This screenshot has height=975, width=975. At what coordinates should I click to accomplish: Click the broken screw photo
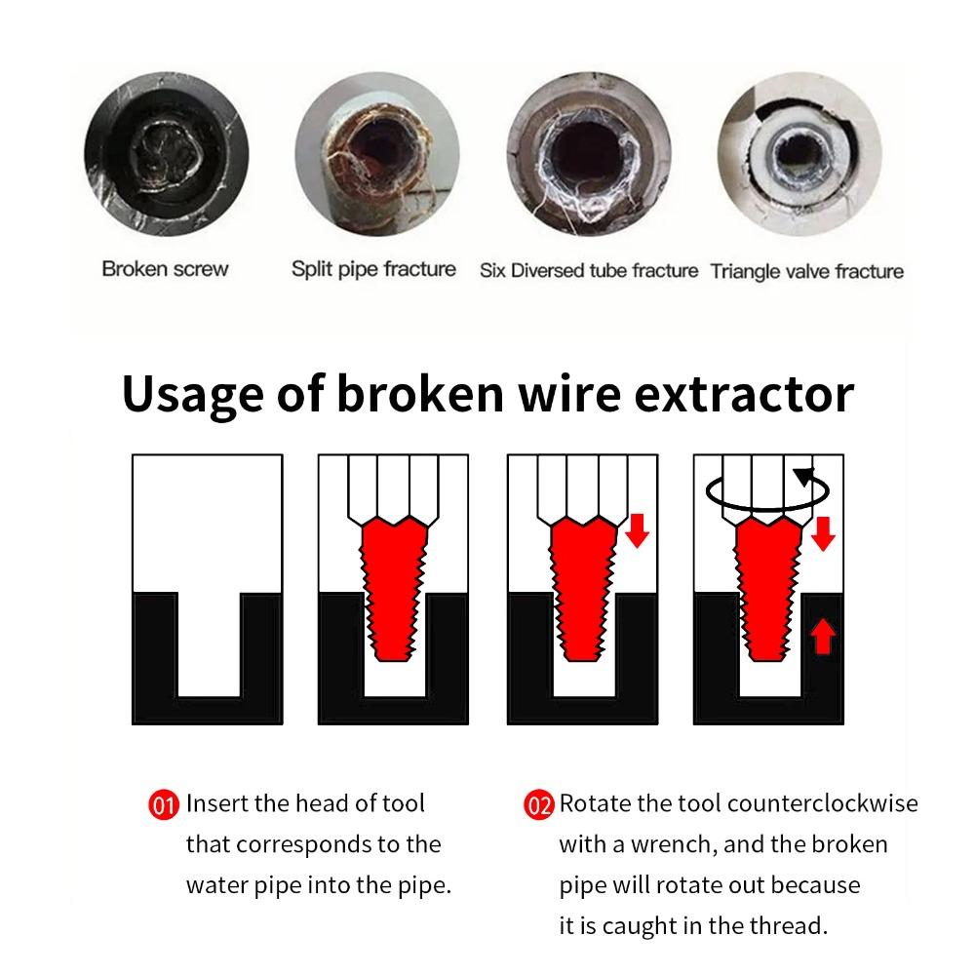[x=166, y=159]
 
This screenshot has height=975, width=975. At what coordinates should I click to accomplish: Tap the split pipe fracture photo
[x=376, y=159]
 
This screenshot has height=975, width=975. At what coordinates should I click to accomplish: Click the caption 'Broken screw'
[x=165, y=269]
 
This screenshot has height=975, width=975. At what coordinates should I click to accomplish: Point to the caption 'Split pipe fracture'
[x=373, y=269]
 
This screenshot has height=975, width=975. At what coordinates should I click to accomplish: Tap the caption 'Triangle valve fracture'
[x=806, y=271]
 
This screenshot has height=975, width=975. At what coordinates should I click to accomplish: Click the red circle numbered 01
[x=164, y=805]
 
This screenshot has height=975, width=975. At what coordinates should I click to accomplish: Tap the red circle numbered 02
[x=538, y=805]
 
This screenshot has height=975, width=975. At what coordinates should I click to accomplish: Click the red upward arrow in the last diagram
[x=823, y=638]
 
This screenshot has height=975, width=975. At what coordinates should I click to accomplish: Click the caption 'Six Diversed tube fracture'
[x=589, y=271]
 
